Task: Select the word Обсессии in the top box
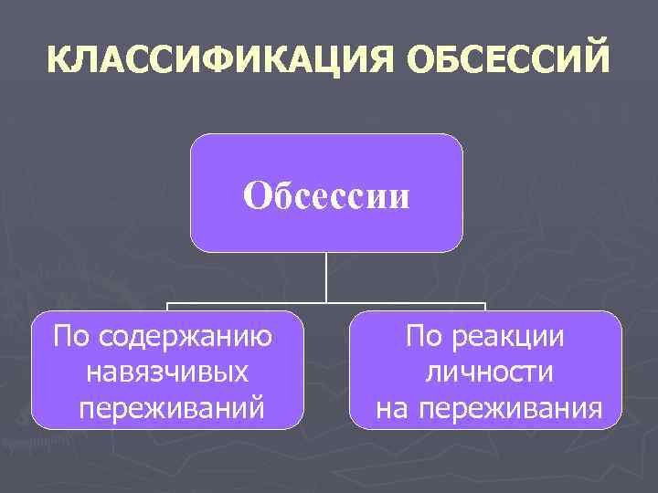point(326,194)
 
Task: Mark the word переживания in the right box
point(511,407)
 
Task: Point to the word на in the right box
point(394,407)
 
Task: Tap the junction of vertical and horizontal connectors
point(326,302)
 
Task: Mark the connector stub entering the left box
point(167,307)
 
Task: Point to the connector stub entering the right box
point(484,307)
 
